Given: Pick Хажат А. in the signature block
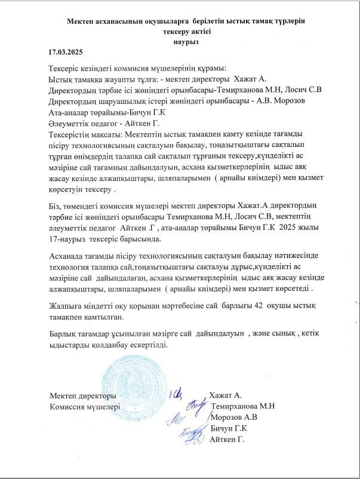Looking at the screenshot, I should [224, 395].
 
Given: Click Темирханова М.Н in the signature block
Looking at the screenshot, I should [243, 406].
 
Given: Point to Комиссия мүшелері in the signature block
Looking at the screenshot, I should [85, 406].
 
